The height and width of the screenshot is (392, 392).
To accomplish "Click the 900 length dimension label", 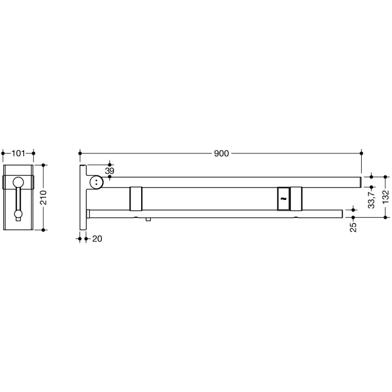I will (221, 153).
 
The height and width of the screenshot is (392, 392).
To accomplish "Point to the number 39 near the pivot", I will (109, 170).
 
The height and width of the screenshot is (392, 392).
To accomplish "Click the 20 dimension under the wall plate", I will (96, 239).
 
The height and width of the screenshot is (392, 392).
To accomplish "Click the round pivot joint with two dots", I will (97, 182).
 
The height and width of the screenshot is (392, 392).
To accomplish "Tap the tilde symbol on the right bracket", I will (283, 198).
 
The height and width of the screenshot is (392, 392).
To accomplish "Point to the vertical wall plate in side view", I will (83, 196).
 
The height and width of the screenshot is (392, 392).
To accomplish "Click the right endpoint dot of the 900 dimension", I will (362, 152).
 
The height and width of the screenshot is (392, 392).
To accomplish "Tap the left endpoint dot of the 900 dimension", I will (80, 152).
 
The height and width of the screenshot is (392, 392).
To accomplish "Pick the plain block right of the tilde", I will (296, 198).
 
